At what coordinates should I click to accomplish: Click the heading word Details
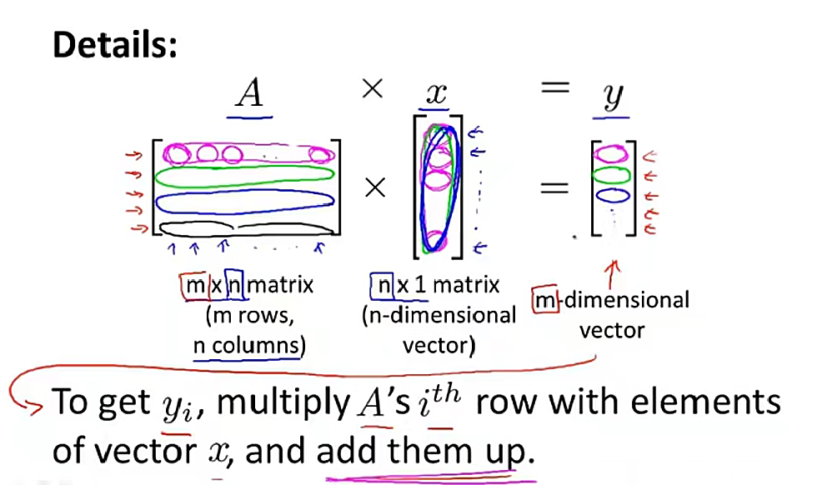coord(115,44)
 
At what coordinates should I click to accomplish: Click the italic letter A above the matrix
coord(249,94)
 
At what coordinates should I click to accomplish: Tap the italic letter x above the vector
coord(436,94)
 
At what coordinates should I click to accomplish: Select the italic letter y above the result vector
coord(612,97)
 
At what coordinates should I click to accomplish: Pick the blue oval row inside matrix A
coord(244,195)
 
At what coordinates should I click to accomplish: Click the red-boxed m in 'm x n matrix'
coord(195,286)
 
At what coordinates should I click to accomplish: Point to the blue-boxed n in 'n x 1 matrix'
coord(383,286)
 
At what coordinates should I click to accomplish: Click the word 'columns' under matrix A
coord(256,345)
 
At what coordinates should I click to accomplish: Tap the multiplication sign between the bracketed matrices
coord(375,188)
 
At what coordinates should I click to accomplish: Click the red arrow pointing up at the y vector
coord(614,274)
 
